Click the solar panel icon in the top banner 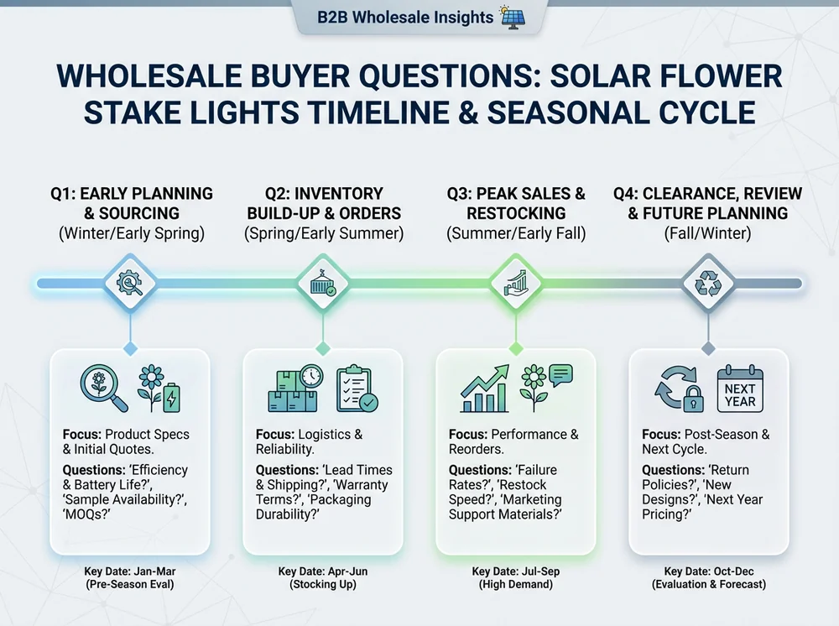coord(513,16)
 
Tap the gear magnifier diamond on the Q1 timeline coord(129,284)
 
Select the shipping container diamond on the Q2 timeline coord(322,284)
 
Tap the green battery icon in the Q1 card coord(171,397)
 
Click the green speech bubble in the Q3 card coord(560,374)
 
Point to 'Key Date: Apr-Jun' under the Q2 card coord(322,571)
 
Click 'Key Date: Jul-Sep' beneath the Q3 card coord(515,571)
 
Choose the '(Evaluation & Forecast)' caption coord(709,584)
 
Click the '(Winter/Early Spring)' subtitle coord(131,234)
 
